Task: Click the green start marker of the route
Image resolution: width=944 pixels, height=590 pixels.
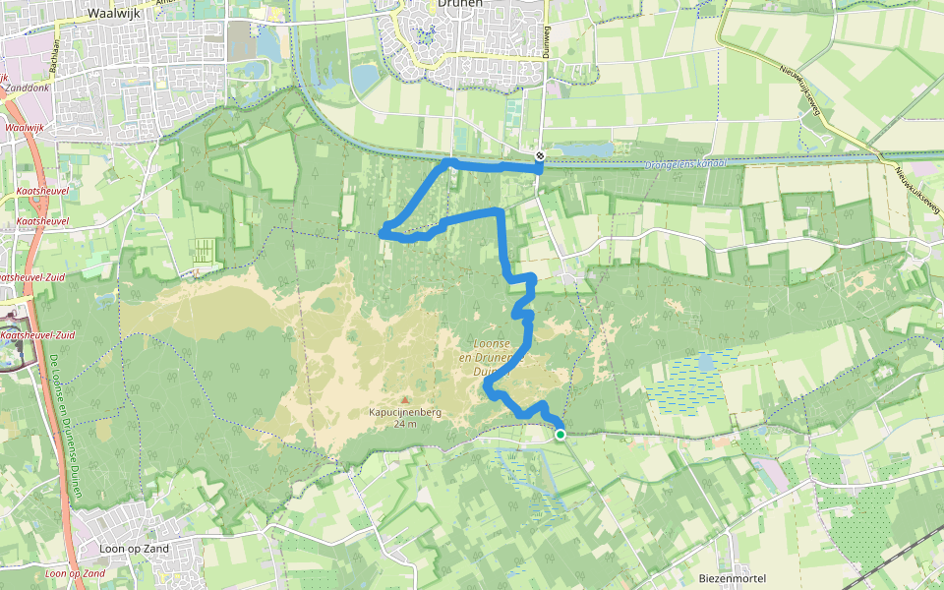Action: [560, 434]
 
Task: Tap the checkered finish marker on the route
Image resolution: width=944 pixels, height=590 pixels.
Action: [540, 156]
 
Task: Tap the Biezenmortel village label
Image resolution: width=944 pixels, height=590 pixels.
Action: [732, 578]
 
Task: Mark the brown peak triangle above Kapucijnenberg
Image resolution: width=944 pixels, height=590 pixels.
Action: [403, 399]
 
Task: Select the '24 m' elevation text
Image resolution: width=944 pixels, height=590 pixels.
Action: [403, 424]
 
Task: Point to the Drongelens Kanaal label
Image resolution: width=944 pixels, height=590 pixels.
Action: [684, 164]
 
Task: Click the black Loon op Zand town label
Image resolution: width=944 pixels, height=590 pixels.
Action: [135, 548]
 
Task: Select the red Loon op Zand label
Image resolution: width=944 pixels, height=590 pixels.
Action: [75, 573]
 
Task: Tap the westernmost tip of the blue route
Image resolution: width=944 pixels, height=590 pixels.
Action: [382, 233]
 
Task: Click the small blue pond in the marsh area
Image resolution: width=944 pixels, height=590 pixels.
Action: [706, 363]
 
